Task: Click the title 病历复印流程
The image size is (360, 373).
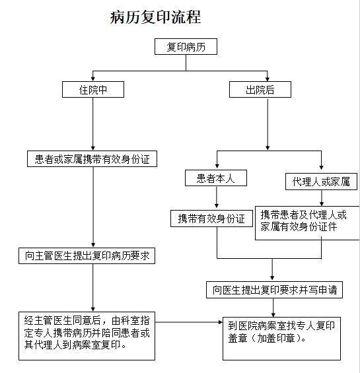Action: click(x=155, y=17)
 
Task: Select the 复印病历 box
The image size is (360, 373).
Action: click(x=186, y=47)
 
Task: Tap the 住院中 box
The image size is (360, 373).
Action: click(x=93, y=89)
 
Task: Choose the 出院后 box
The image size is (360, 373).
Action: click(x=260, y=89)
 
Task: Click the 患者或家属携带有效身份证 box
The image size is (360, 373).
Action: click(x=92, y=158)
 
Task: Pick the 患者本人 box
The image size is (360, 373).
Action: click(x=216, y=178)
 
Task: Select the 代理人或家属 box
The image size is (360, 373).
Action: click(x=321, y=182)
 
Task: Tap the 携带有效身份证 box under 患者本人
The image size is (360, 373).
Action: click(x=211, y=219)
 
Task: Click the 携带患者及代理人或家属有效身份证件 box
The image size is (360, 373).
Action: click(x=307, y=223)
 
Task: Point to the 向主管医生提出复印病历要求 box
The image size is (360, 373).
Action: click(x=87, y=255)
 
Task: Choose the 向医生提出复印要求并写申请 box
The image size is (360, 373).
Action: click(x=274, y=290)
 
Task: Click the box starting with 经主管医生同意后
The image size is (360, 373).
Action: click(x=87, y=336)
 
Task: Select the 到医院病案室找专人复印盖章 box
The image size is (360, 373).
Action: click(x=281, y=339)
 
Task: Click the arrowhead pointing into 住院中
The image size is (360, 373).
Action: click(x=93, y=79)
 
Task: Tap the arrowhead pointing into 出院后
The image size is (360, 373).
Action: click(x=268, y=79)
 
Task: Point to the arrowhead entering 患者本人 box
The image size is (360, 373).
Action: click(x=217, y=166)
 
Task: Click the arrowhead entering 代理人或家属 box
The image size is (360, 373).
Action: click(x=321, y=167)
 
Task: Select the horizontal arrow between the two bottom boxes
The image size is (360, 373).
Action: click(x=189, y=322)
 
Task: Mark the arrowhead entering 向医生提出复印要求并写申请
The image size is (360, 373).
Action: click(x=272, y=278)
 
